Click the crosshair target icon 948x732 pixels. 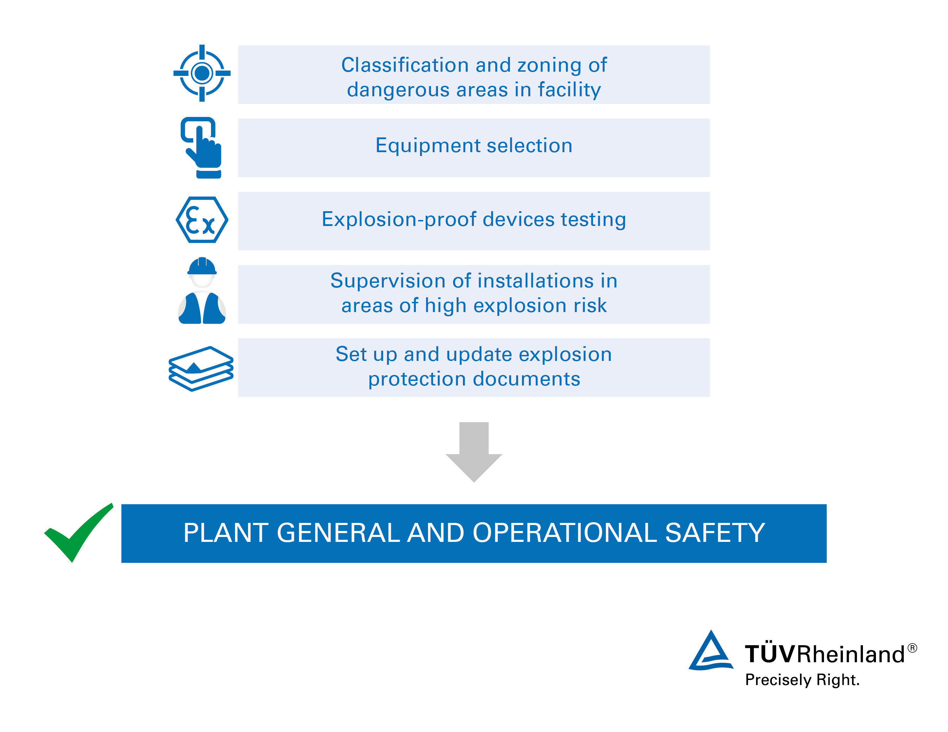click(x=202, y=73)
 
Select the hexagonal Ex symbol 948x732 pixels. click(x=202, y=220)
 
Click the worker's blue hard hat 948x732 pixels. click(x=202, y=266)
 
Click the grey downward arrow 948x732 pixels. click(x=473, y=452)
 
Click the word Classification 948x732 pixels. click(x=405, y=65)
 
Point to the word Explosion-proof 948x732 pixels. click(x=399, y=220)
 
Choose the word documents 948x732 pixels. click(x=527, y=379)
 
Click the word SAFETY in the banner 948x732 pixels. click(x=715, y=533)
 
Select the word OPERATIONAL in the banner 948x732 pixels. click(x=564, y=533)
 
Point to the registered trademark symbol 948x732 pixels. click(x=912, y=648)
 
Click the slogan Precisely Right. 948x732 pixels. click(x=802, y=680)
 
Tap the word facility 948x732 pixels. click(x=569, y=90)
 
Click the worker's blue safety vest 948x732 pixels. click(x=202, y=308)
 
